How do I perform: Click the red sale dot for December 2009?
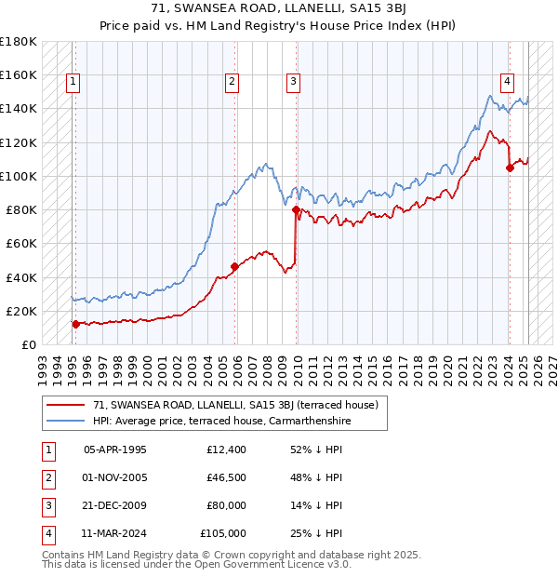[x=296, y=210]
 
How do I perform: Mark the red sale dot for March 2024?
[x=510, y=168]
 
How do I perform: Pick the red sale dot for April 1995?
[x=76, y=324]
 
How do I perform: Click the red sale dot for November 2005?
[x=234, y=266]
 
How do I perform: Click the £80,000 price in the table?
[x=227, y=505]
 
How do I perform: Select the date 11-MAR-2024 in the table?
[x=115, y=533]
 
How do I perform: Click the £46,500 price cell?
[x=227, y=477]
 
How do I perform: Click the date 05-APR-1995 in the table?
[x=115, y=450]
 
